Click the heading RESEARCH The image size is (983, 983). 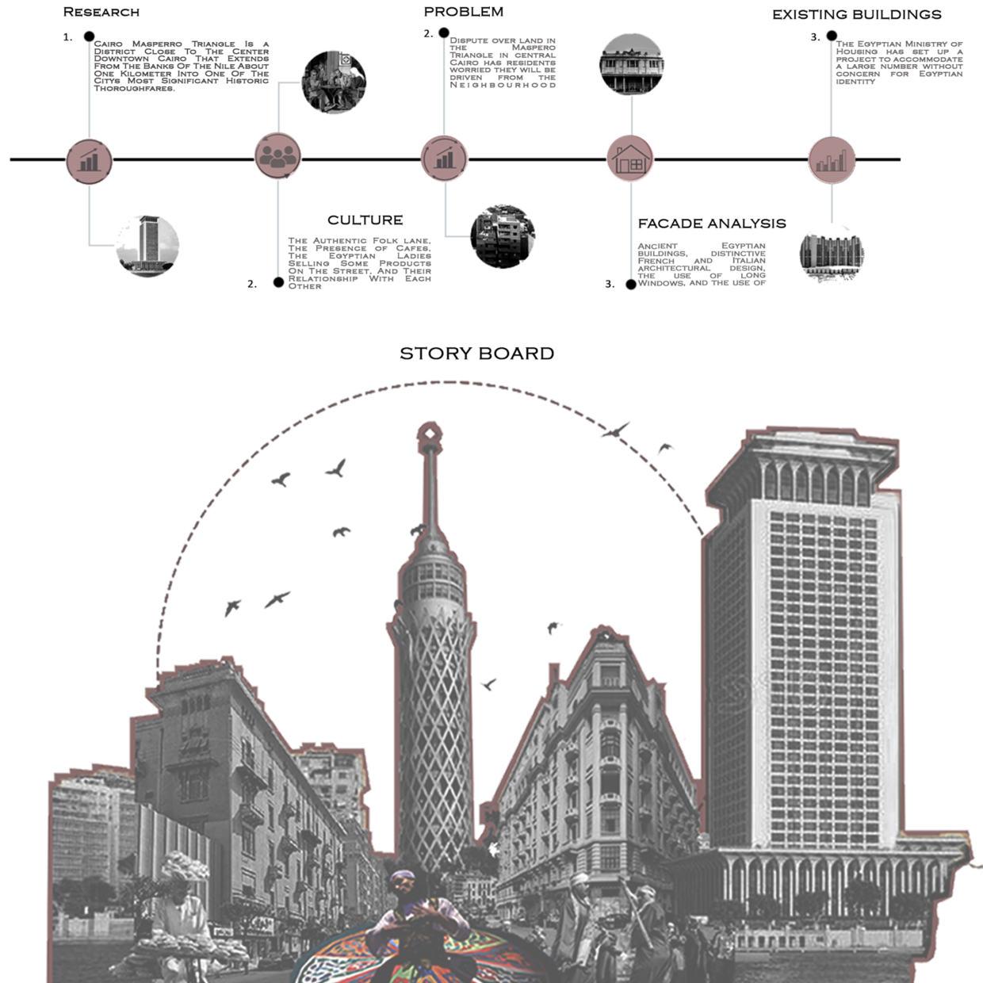tap(101, 12)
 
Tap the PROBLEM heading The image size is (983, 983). tap(463, 11)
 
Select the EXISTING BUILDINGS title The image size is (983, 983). tap(856, 14)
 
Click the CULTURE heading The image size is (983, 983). tap(365, 220)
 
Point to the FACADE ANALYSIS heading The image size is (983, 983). tap(711, 224)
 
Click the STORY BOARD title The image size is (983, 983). tap(476, 354)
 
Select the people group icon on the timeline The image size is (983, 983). tap(277, 157)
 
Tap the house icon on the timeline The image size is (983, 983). tap(630, 159)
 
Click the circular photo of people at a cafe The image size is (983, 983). tap(334, 82)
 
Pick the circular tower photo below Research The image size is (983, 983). tap(147, 246)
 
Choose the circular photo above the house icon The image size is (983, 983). tap(631, 64)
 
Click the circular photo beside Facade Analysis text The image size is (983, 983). tap(831, 256)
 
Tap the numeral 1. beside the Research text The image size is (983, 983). tap(68, 37)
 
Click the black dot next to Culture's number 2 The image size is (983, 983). tap(278, 282)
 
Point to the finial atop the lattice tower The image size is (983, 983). tap(429, 433)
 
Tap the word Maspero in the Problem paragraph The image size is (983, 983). tap(533, 48)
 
